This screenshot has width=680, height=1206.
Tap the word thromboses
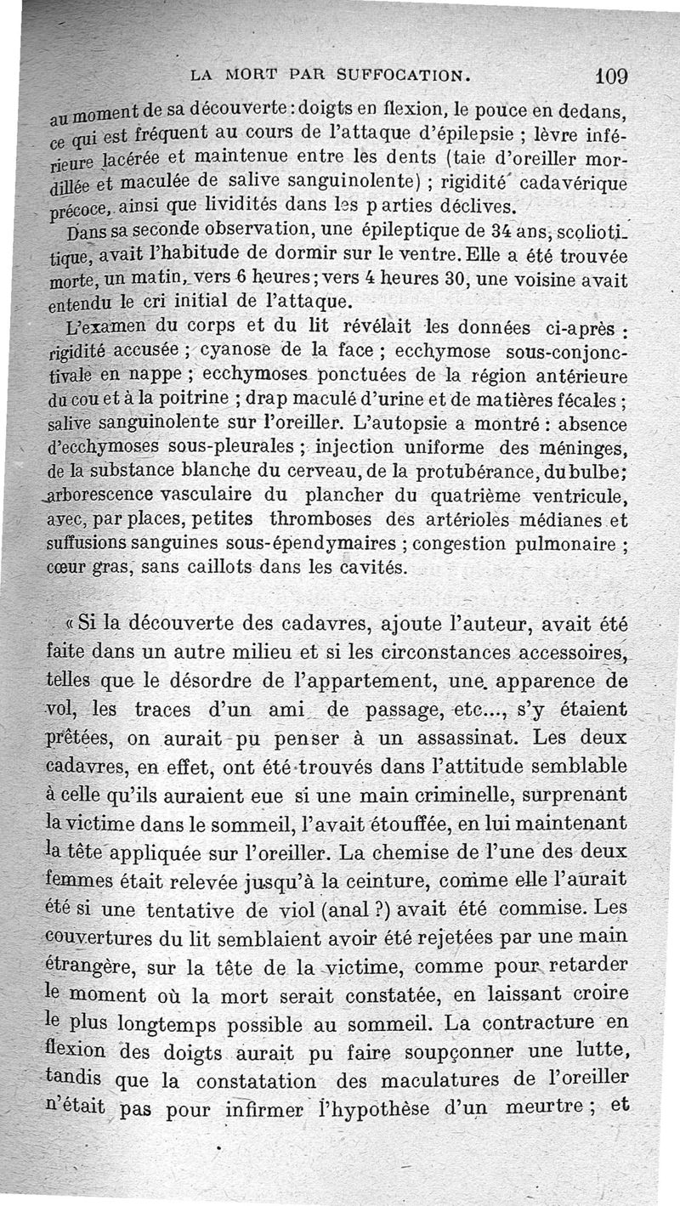point(320,518)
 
